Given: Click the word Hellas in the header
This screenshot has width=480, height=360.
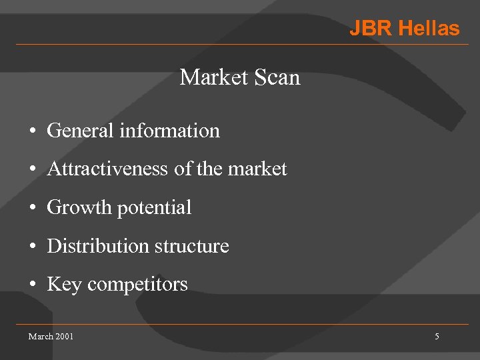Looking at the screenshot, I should point(429,29).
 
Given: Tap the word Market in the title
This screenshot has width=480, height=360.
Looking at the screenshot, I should point(213,77).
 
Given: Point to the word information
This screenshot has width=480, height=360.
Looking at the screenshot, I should point(169,131).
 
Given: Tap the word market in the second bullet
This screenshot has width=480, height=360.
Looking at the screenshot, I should point(257,169).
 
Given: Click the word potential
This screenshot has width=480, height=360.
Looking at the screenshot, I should point(154,208).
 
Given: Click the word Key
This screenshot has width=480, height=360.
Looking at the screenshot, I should point(64,285).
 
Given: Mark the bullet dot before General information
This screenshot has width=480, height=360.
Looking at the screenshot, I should point(32,131).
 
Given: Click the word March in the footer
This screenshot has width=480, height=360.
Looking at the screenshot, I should point(41,336).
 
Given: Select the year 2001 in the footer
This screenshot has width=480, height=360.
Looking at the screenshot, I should point(65,336).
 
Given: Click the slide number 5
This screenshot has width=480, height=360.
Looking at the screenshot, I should point(437,337).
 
